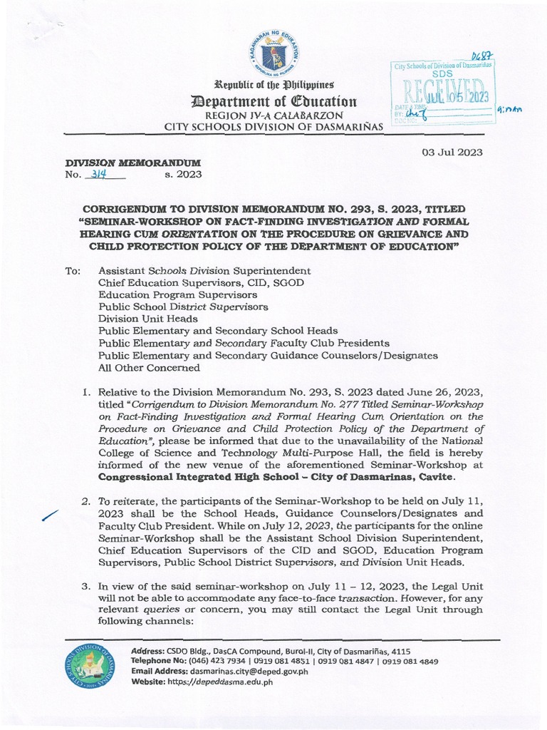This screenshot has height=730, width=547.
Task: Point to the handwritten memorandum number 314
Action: click(x=94, y=174)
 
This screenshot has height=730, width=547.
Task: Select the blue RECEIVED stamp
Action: click(x=445, y=93)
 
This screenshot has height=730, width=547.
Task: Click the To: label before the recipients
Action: click(x=75, y=271)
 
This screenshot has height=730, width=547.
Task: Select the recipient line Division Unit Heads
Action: click(x=142, y=319)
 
